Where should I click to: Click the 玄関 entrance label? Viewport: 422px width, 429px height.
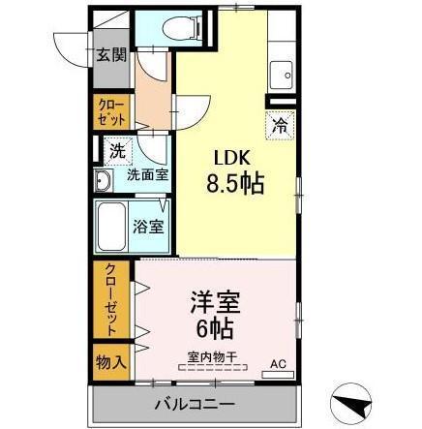click(110, 54)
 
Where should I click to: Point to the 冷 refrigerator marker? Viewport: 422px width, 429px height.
click(279, 124)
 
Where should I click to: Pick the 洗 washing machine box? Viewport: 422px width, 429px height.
click(115, 150)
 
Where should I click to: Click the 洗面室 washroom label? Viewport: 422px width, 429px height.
click(147, 176)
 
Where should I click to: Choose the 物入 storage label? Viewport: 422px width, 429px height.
click(110, 361)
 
